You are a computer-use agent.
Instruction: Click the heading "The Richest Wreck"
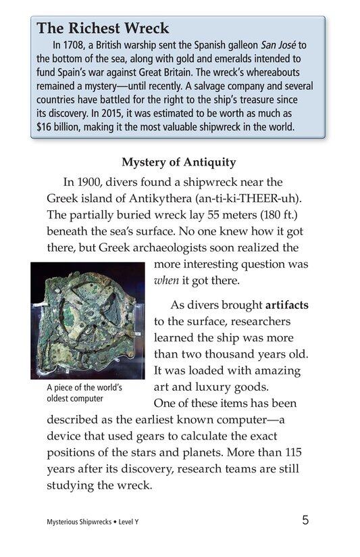point(103,28)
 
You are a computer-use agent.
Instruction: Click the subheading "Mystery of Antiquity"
point(178,162)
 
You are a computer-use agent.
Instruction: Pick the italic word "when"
point(166,281)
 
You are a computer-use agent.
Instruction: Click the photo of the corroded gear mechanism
point(88,320)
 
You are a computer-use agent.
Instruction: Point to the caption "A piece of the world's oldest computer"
point(84,393)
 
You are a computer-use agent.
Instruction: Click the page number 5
point(306,520)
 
